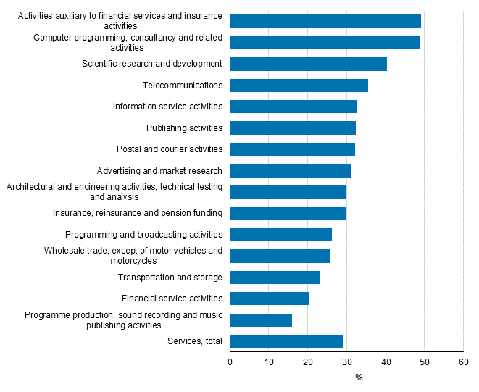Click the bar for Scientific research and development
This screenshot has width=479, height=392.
[x=309, y=64]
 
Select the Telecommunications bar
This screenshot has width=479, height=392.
[x=299, y=86]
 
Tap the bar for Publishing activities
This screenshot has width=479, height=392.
[x=293, y=128]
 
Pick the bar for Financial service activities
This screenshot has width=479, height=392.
[x=270, y=299]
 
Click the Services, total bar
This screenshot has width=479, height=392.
[x=287, y=341]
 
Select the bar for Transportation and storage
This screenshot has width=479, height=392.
[x=275, y=278]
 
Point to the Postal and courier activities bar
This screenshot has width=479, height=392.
[x=293, y=149]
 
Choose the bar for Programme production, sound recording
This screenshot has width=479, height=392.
[x=261, y=320]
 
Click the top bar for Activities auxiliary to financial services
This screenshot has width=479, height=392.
[x=325, y=21]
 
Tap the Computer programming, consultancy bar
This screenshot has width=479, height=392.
[x=325, y=43]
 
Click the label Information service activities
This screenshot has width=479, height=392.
[x=167, y=107]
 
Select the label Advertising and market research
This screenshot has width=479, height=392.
[x=159, y=171]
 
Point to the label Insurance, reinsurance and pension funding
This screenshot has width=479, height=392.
[x=138, y=213]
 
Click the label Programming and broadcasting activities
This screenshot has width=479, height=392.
[x=143, y=235]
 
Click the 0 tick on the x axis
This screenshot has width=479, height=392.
[x=230, y=362]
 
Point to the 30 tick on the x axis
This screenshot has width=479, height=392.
[x=346, y=362]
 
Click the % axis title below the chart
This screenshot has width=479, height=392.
[x=358, y=378]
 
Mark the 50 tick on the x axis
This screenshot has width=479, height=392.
[x=424, y=362]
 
